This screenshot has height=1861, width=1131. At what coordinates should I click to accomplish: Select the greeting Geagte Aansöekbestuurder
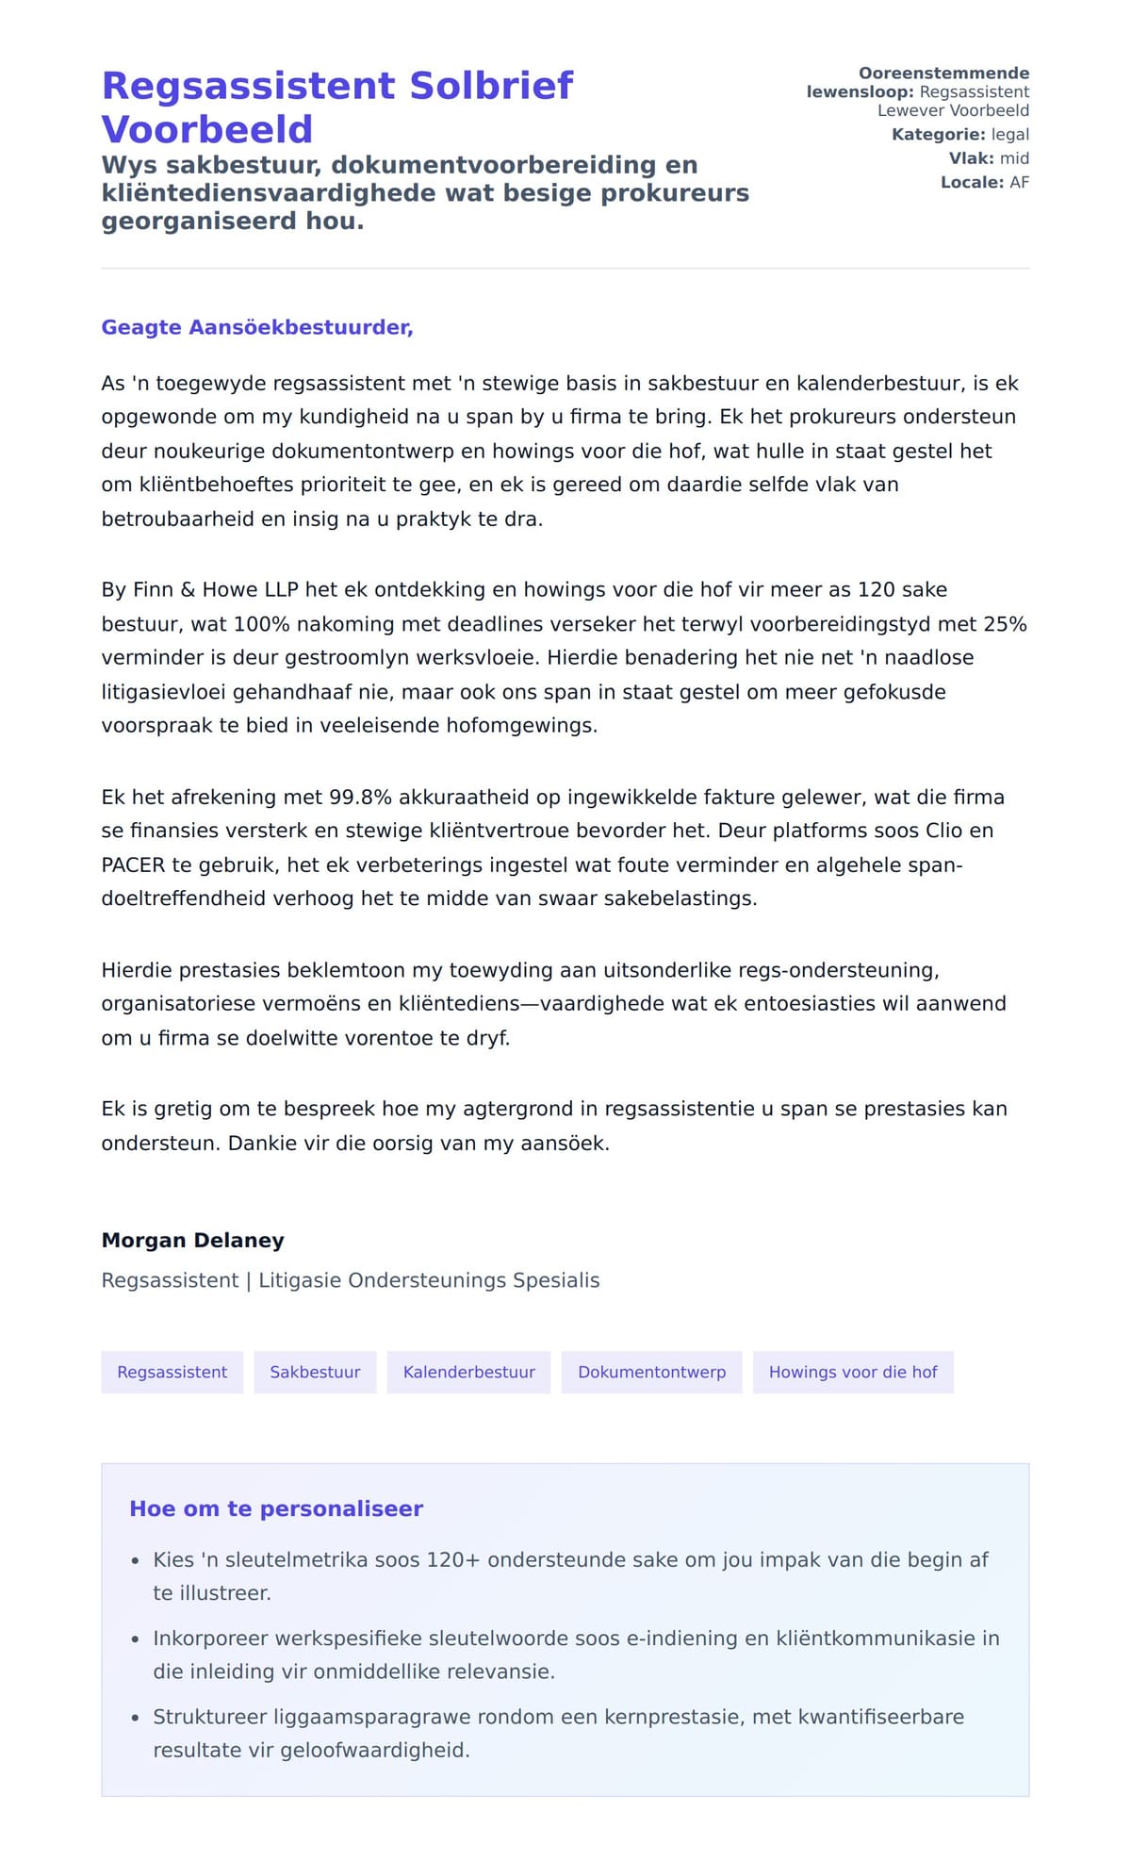pyautogui.click(x=257, y=327)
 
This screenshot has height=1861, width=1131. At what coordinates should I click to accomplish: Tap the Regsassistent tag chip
pyautogui.click(x=172, y=1372)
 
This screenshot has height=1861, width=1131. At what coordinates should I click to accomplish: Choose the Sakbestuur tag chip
pyautogui.click(x=315, y=1372)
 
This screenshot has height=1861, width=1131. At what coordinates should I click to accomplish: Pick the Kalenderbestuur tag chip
pyautogui.click(x=468, y=1372)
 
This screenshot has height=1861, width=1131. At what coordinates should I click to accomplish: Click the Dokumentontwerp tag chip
pyautogui.click(x=651, y=1372)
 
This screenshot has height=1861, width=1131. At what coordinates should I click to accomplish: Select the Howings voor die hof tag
pyautogui.click(x=853, y=1372)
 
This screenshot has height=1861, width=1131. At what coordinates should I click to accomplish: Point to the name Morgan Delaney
pyautogui.click(x=192, y=1240)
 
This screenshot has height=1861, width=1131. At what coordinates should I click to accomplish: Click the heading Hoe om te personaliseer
pyautogui.click(x=276, y=1508)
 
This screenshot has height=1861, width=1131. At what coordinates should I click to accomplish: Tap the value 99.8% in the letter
pyautogui.click(x=360, y=797)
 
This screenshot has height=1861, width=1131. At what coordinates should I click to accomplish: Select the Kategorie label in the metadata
pyautogui.click(x=938, y=135)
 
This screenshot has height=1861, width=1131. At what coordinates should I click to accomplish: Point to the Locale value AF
pyautogui.click(x=1019, y=182)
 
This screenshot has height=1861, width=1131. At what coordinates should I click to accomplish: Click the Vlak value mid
pyautogui.click(x=1014, y=158)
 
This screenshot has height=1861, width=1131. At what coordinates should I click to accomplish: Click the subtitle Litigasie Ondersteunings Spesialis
pyautogui.click(x=429, y=1280)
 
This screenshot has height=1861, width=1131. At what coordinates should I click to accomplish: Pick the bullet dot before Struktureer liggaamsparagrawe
pyautogui.click(x=136, y=1718)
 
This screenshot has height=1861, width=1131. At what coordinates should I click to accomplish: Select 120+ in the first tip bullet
pyautogui.click(x=453, y=1559)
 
